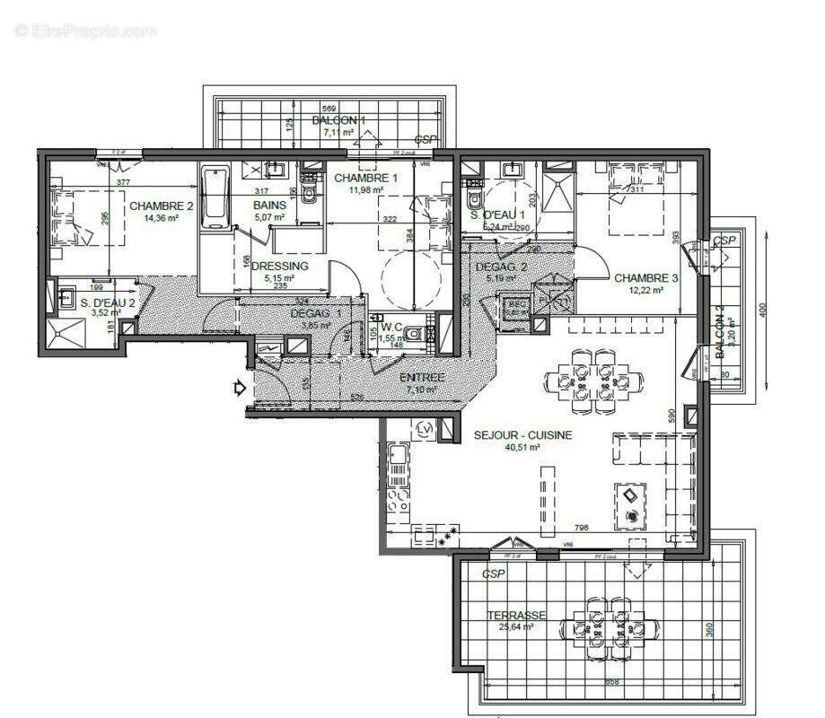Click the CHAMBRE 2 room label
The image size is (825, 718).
click(x=161, y=206)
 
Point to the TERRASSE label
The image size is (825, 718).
click(x=517, y=615)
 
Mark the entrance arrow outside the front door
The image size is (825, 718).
click(x=239, y=389)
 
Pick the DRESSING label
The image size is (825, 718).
click(x=279, y=266)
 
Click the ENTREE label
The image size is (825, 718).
click(x=422, y=378)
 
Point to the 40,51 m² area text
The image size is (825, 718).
click(x=522, y=447)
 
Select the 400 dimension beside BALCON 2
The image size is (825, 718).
click(x=764, y=308)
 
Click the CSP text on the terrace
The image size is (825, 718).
click(x=493, y=574)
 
